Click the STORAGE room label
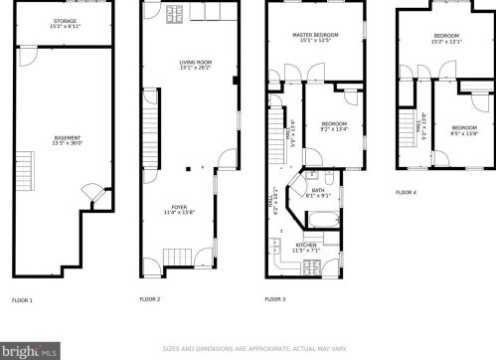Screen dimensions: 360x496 pyautogui.click(x=66, y=19)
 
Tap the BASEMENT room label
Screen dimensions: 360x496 pyautogui.click(x=66, y=136)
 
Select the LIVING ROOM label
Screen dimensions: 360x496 pyautogui.click(x=181, y=64)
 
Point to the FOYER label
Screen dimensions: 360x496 pyautogui.click(x=179, y=207)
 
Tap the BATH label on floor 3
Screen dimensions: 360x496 pyautogui.click(x=318, y=190)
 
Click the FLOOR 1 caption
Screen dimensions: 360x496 pyautogui.click(x=22, y=299)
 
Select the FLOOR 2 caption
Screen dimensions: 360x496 pyautogui.click(x=149, y=299)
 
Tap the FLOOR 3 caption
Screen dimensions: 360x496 pyautogui.click(x=274, y=299)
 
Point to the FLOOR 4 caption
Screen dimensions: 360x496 pyautogui.click(x=406, y=192)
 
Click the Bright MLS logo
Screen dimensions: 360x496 pyautogui.click(x=29, y=350)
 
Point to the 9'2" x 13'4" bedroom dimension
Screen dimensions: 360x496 pyautogui.click(x=334, y=128)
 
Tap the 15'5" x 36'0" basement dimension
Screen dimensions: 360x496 pyautogui.click(x=67, y=142)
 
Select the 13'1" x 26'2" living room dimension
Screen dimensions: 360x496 pyautogui.click(x=181, y=70)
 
